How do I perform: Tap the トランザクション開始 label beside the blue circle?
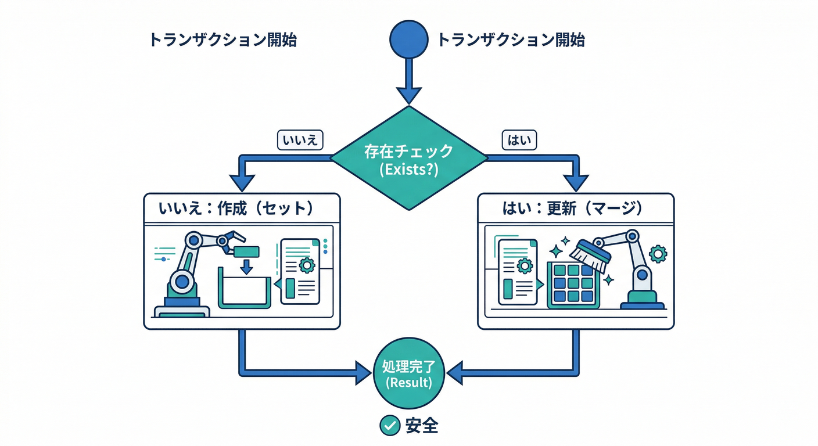tap(510, 40)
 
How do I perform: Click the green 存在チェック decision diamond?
tap(408, 158)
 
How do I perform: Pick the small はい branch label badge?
tap(519, 141)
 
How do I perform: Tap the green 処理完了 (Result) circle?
tap(408, 374)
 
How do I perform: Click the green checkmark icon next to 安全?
tap(389, 426)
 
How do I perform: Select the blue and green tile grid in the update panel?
tap(572, 285)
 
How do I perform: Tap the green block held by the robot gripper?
tap(246, 251)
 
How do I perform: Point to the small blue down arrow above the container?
tap(246, 267)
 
